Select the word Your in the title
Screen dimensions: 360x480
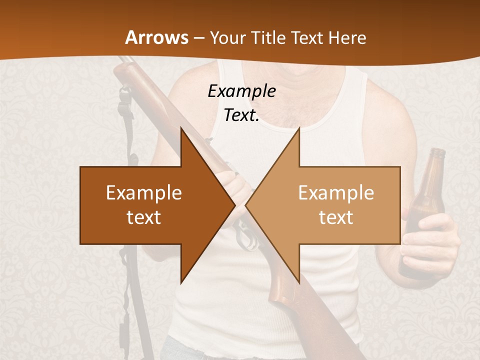tap(228, 38)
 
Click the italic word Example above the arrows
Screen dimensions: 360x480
tap(241, 91)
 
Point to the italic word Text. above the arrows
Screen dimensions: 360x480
tap(241, 115)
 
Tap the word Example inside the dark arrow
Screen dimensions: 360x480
tap(144, 192)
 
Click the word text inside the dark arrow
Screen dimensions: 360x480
tap(144, 217)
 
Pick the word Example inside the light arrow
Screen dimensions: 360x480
tap(336, 192)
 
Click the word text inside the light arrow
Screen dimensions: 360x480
tap(336, 217)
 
